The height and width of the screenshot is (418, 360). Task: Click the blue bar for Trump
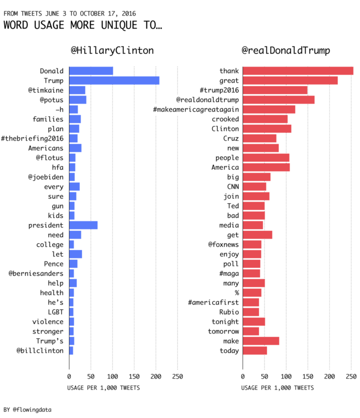click(x=114, y=81)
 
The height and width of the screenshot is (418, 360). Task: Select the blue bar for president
click(x=83, y=225)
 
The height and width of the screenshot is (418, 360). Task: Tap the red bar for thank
click(x=298, y=71)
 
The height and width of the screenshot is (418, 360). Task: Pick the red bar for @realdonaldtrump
click(x=279, y=100)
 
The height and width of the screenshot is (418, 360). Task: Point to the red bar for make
click(x=261, y=341)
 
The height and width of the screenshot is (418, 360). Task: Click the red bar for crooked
click(x=265, y=119)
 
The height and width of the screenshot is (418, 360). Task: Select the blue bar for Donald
click(x=91, y=71)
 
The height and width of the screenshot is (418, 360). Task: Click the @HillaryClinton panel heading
click(x=112, y=51)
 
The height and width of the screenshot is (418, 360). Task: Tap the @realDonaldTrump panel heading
click(x=285, y=51)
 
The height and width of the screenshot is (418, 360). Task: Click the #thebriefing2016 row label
click(x=32, y=138)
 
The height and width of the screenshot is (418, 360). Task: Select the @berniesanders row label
click(x=36, y=273)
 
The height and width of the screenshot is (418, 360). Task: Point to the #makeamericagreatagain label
click(x=196, y=110)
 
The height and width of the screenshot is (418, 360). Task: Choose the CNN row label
click(x=233, y=187)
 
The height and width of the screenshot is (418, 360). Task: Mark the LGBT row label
click(x=55, y=312)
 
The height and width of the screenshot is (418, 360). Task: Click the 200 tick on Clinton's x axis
click(x=156, y=376)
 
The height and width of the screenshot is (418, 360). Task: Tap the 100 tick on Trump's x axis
click(x=286, y=376)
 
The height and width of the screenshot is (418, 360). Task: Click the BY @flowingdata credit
click(x=27, y=409)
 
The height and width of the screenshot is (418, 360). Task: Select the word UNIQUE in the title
click(x=119, y=25)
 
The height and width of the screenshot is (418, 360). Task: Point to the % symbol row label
click(x=237, y=293)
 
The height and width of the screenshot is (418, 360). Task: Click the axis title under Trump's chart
click(x=277, y=388)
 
